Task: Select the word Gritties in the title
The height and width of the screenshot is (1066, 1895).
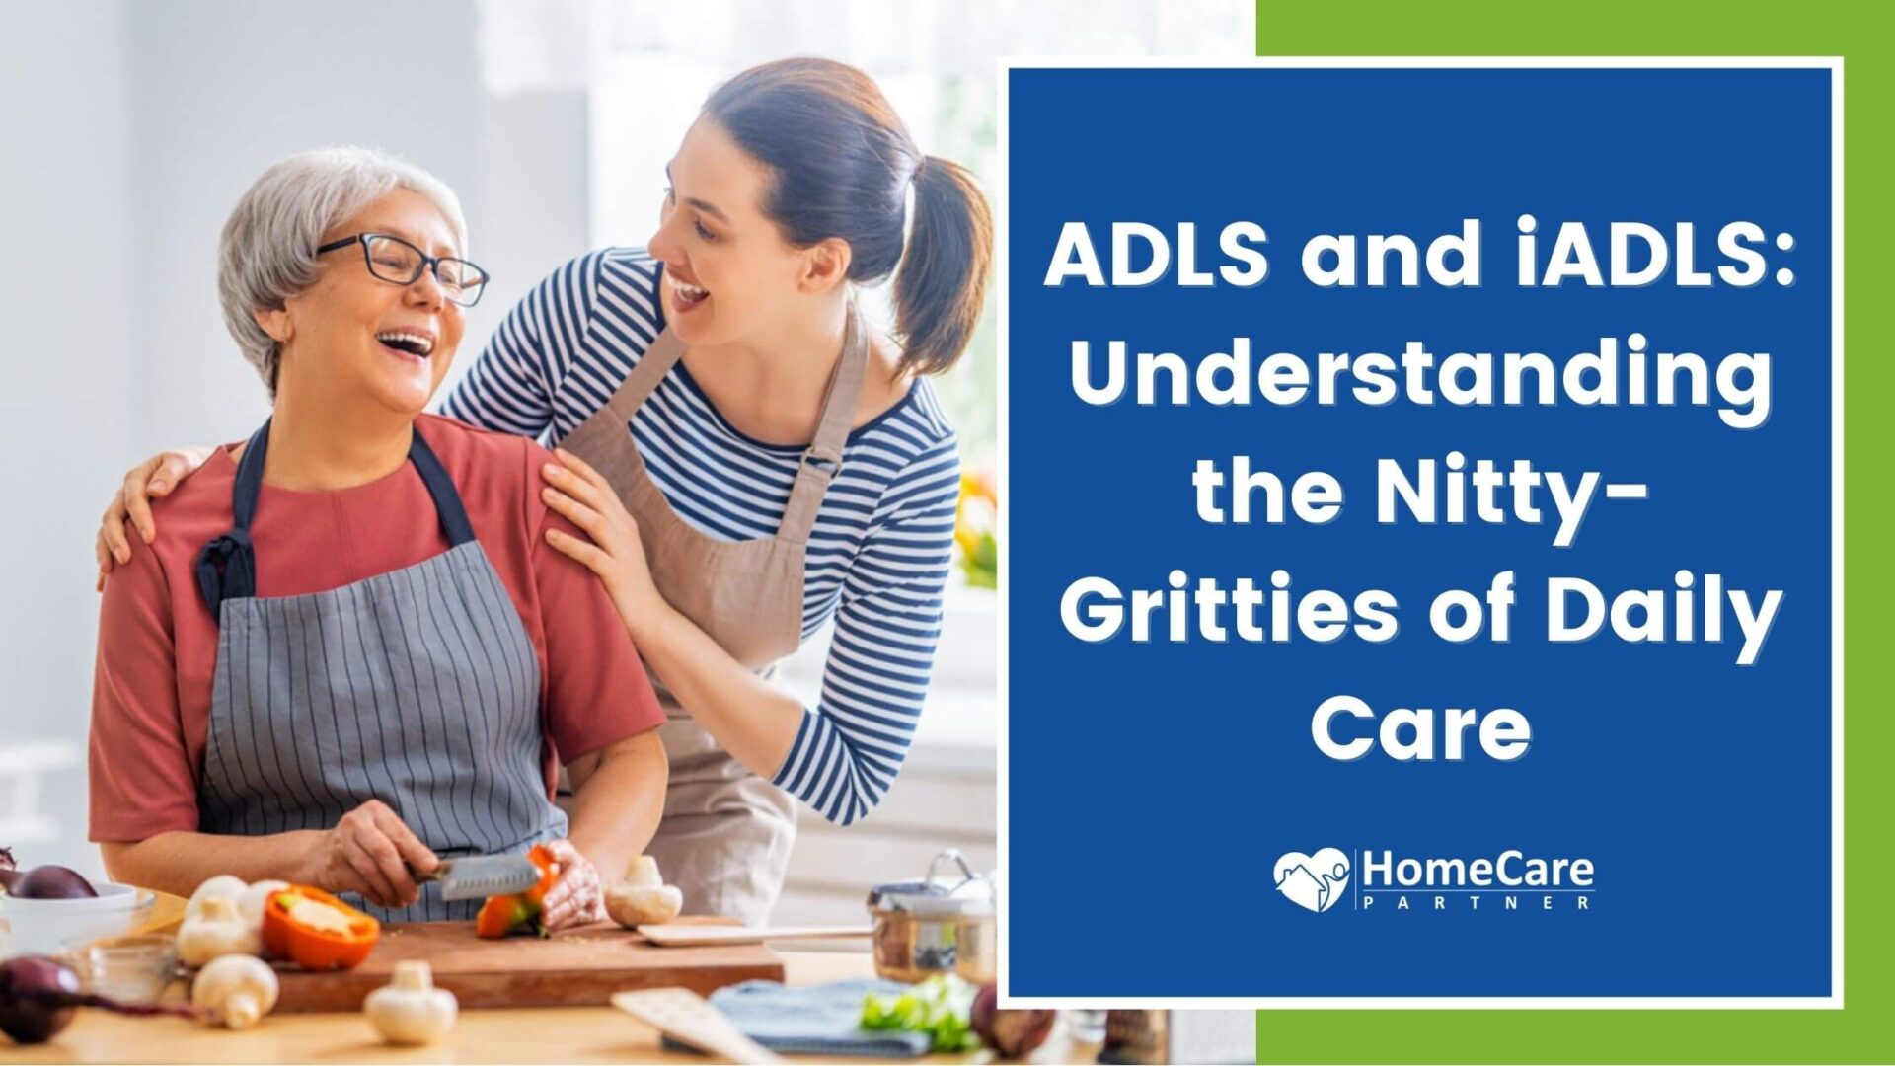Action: pyautogui.click(x=1230, y=612)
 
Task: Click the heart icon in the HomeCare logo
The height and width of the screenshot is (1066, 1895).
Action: pyautogui.click(x=1311, y=878)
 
